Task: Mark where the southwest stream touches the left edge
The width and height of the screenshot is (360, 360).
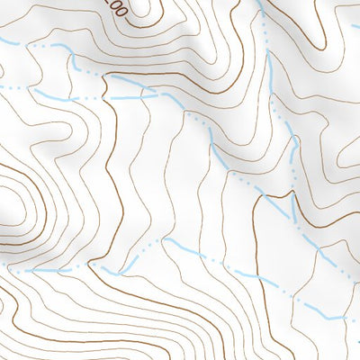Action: (2, 271)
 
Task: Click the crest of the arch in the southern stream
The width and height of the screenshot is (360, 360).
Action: (166, 240)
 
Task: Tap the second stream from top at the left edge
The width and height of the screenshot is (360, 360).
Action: (2, 86)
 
